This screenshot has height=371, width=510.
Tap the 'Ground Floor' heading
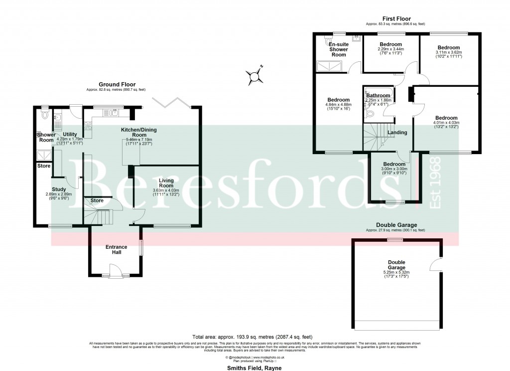[x=117, y=85]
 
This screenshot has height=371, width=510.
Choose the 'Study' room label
[x=59, y=188]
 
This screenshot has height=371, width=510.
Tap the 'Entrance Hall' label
[x=116, y=249]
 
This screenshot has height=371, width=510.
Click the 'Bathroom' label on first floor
[x=379, y=95]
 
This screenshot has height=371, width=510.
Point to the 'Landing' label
[x=397, y=133]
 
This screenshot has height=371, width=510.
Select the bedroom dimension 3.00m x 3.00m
[x=394, y=169]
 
